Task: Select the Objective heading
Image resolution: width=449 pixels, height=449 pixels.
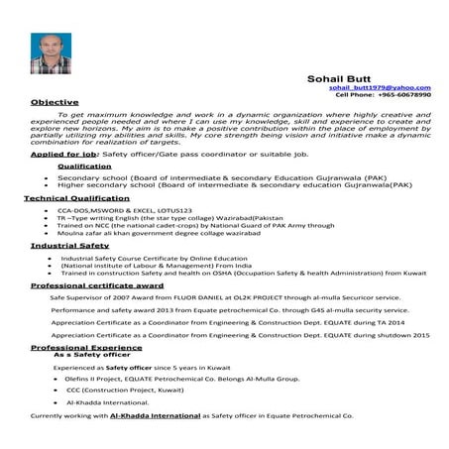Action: [56, 102]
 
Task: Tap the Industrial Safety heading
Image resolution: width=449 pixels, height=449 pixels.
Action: [69, 244]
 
